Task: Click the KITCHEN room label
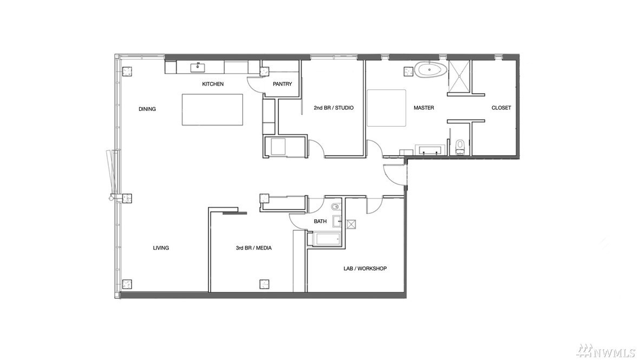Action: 213,84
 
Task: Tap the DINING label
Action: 147,109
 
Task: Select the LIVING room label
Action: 161,248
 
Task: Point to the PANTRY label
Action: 283,84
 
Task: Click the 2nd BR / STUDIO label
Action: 334,108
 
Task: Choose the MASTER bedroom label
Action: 423,108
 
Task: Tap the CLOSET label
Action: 501,108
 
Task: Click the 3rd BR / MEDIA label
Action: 253,248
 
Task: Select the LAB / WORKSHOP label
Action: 365,269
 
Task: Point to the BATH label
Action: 320,221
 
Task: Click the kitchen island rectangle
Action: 212,109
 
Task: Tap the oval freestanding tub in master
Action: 431,70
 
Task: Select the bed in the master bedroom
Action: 386,108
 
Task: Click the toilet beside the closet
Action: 460,146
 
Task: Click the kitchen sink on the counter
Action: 198,67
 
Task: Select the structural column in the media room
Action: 264,284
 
